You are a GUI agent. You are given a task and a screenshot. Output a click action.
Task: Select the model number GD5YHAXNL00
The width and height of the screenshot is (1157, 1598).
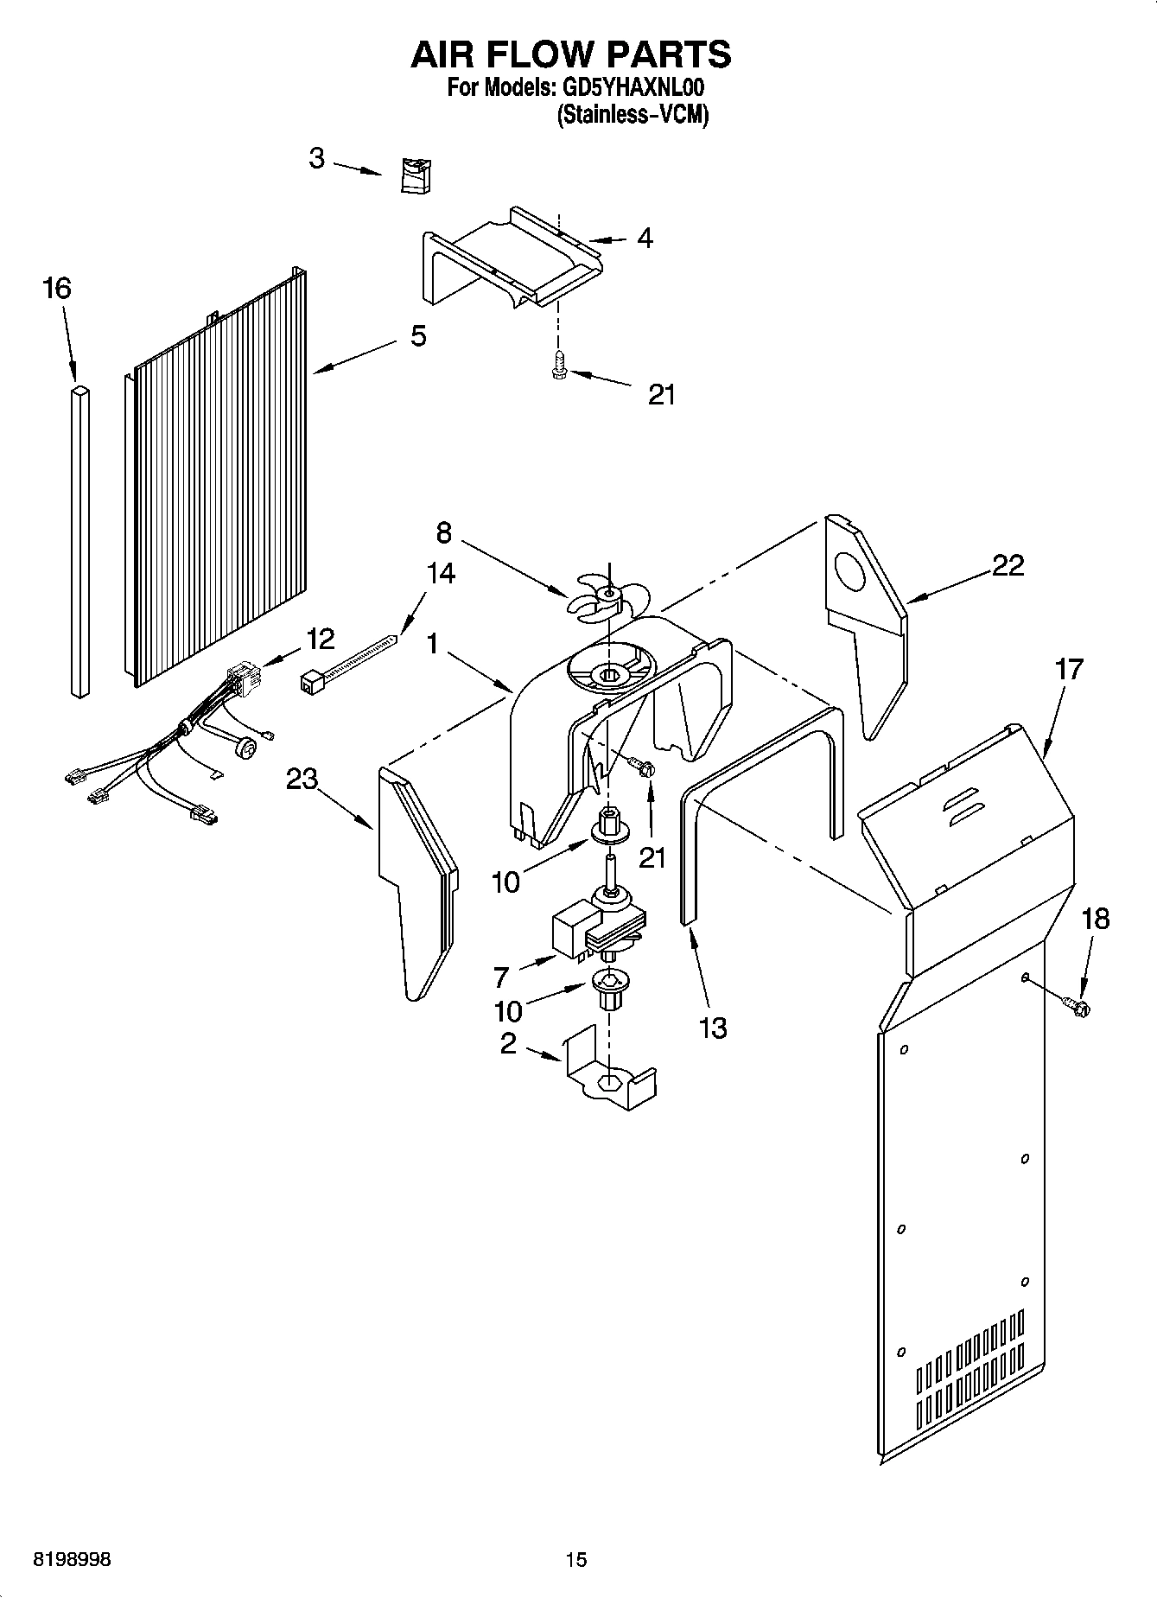(634, 88)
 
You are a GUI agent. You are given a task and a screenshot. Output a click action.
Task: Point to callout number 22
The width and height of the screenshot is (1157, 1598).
(1008, 566)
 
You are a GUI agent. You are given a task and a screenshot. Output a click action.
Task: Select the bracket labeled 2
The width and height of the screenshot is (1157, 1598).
(609, 1072)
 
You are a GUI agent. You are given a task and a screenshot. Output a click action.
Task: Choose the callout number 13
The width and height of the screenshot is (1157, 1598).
(713, 1028)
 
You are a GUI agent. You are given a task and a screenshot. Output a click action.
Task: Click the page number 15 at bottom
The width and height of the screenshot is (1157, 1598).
(576, 1559)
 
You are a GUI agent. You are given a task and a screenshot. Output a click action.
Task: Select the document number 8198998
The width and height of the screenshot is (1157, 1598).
(72, 1559)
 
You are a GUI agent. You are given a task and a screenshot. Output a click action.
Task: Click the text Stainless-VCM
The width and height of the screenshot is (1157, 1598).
(633, 115)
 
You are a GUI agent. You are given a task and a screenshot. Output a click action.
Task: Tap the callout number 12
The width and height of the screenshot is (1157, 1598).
(319, 640)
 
